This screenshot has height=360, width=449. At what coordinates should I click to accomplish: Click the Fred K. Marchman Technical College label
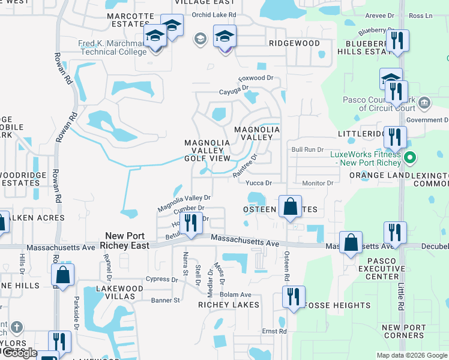pyautogui.click(x=112, y=47)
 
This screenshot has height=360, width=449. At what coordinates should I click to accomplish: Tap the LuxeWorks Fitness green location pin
pyautogui.click(x=411, y=159)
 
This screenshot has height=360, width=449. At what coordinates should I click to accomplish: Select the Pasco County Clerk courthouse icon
pyautogui.click(x=424, y=104)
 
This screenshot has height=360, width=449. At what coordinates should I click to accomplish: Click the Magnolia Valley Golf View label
pyautogui.click(x=207, y=150)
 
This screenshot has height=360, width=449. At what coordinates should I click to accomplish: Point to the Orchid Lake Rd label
pyautogui.click(x=214, y=14)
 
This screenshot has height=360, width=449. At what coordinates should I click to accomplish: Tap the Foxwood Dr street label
pyautogui.click(x=255, y=78)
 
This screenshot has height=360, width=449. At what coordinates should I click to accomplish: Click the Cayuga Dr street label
pyautogui.click(x=234, y=89)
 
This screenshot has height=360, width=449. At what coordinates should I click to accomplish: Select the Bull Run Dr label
pyautogui.click(x=307, y=149)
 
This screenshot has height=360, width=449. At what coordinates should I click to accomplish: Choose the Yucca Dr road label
pyautogui.click(x=259, y=183)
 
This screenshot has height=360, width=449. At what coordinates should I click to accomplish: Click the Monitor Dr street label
pyautogui.click(x=318, y=183)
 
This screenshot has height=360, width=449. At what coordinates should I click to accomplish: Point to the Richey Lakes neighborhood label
pyautogui.click(x=229, y=305)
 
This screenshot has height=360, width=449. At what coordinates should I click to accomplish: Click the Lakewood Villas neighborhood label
pyautogui.click(x=120, y=292)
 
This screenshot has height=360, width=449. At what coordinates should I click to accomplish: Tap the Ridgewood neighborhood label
pyautogui.click(x=294, y=44)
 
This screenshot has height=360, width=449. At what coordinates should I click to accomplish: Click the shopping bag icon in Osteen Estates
pyautogui.click(x=290, y=207)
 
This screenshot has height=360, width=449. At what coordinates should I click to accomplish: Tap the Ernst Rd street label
pyautogui.click(x=274, y=331)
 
